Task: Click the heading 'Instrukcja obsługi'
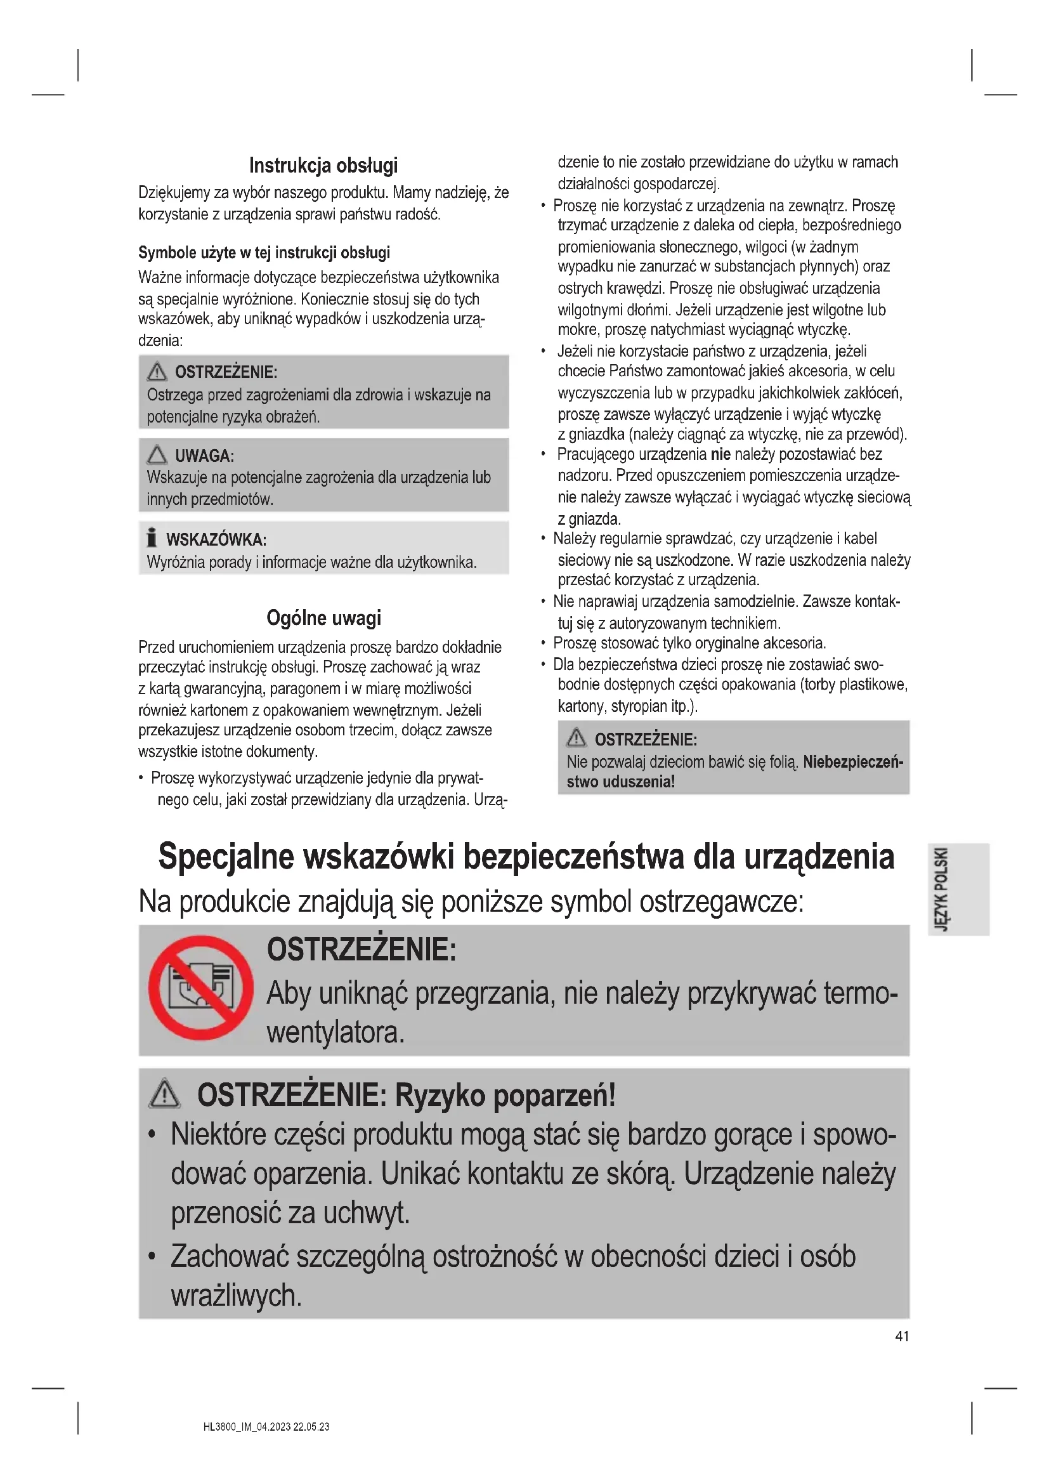pos(323,166)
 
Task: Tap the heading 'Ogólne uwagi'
pos(323,618)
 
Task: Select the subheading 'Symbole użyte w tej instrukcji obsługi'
pos(264,253)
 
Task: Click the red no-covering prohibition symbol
pos(201,988)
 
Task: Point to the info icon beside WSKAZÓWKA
pos(152,537)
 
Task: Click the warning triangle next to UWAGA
pos(157,455)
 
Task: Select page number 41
pos(902,1336)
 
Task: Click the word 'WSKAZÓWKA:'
pos(216,540)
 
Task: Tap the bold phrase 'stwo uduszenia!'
pos(620,782)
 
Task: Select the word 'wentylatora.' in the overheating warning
pos(336,1032)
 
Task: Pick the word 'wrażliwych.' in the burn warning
pos(236,1295)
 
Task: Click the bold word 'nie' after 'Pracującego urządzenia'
pos(720,454)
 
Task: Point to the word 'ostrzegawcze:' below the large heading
pos(722,902)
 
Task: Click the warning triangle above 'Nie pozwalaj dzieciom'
pos(576,737)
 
